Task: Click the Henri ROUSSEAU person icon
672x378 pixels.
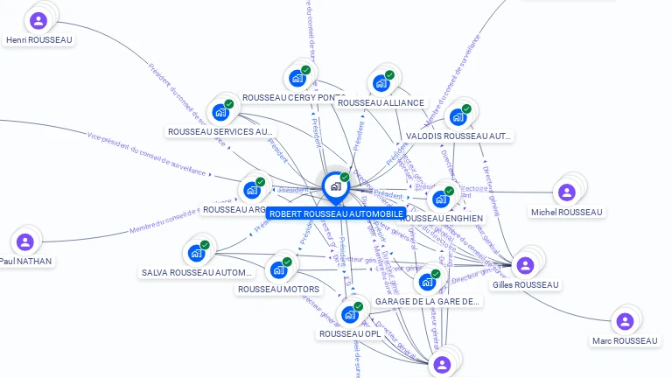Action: pos(38,20)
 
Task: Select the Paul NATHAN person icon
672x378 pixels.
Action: pos(24,241)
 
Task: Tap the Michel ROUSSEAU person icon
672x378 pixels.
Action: pos(566,192)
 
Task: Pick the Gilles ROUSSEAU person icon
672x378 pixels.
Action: pos(525,265)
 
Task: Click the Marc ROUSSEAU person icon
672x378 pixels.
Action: pos(624,321)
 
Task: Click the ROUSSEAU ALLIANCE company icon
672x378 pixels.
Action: pos(381,84)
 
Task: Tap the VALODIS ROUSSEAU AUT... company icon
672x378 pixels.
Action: pos(457,117)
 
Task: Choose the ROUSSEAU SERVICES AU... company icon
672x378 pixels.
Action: pos(220,112)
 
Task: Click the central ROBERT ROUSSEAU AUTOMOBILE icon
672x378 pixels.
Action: pos(335,186)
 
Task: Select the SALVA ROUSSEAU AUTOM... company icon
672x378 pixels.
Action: pos(196,253)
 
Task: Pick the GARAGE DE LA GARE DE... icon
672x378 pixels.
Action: pos(426,282)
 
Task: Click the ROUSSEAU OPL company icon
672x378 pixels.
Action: pos(349,314)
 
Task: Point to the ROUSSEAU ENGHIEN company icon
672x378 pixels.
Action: pos(440,199)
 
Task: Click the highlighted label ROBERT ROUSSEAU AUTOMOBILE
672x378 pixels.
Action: pos(336,213)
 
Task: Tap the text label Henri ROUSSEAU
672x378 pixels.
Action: pos(38,39)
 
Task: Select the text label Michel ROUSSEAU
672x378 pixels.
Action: pos(567,212)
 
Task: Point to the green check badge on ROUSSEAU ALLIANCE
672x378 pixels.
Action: pos(389,75)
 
